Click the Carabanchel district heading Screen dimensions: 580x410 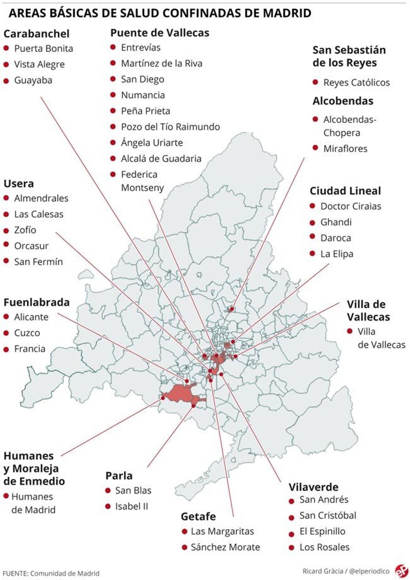click(x=36, y=34)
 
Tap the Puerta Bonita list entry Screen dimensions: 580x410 click(x=43, y=49)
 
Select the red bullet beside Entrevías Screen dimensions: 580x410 click(x=113, y=47)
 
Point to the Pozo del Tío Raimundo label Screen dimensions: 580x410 click(x=170, y=127)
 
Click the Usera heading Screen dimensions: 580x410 click(x=18, y=184)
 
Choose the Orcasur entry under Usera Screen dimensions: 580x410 click(x=31, y=246)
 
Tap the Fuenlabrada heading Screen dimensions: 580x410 click(x=37, y=302)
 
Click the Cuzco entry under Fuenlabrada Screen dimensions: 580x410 click(x=27, y=333)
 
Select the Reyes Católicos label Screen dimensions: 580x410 click(x=356, y=82)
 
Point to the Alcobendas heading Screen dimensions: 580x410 click(x=343, y=101)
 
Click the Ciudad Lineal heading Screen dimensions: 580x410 click(x=345, y=191)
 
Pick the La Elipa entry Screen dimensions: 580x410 click(x=337, y=254)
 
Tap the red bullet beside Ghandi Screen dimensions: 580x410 click(x=312, y=223)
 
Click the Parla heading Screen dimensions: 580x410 click(x=119, y=476)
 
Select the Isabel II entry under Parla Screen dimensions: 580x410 click(x=132, y=506)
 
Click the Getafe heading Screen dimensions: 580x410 click(x=198, y=516)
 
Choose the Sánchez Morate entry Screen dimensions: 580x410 click(x=225, y=547)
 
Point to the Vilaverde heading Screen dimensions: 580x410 click(x=313, y=487)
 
